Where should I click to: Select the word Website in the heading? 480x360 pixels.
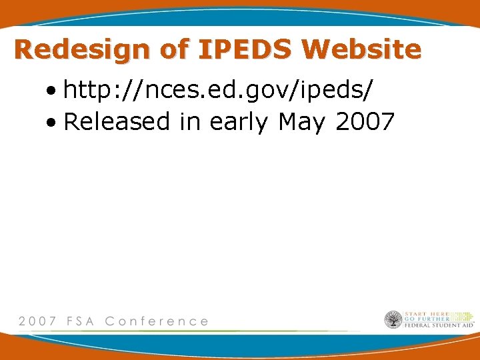click(x=361, y=50)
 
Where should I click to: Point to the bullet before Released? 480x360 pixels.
click(x=51, y=122)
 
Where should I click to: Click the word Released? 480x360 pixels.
click(x=117, y=122)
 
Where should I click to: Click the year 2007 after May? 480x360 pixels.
click(x=365, y=122)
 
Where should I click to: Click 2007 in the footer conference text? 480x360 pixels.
click(x=37, y=321)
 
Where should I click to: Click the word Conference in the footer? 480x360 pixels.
click(x=157, y=321)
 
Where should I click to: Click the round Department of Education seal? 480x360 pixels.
click(x=393, y=320)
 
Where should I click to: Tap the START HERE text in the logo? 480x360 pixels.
click(x=426, y=314)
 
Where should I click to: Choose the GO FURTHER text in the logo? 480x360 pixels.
click(x=425, y=319)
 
